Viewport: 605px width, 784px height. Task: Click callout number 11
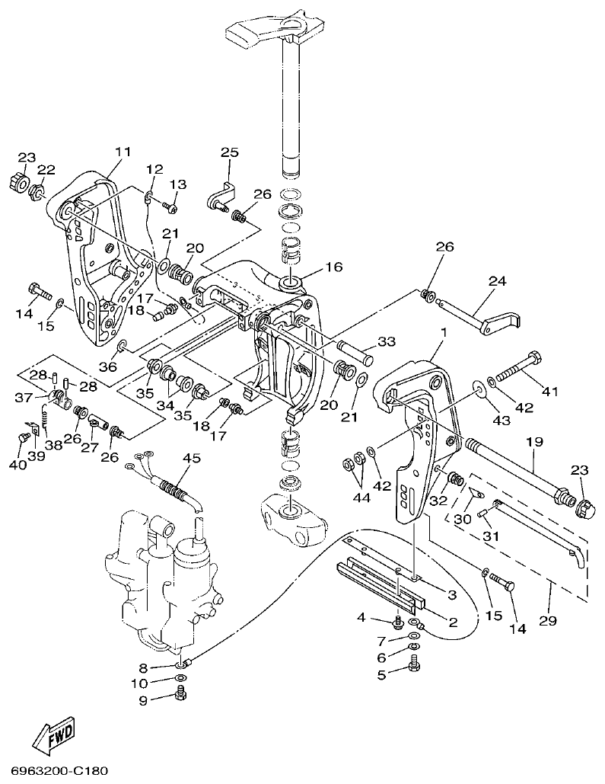(123, 152)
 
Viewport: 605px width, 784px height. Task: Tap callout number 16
(333, 267)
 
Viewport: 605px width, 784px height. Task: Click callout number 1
(444, 333)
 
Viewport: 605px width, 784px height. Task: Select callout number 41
(549, 392)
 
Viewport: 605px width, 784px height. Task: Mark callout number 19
(532, 442)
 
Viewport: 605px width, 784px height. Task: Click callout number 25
(230, 152)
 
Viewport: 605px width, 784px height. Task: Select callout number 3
(451, 594)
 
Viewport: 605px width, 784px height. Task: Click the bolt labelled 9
(180, 693)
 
